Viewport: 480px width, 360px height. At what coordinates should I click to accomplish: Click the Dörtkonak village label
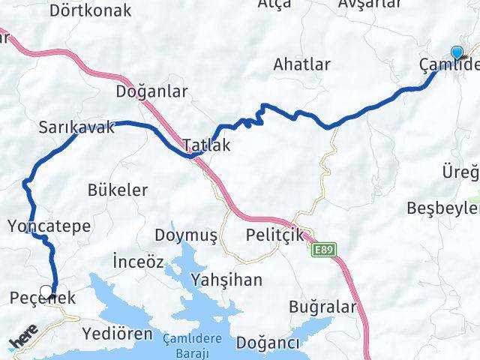coord(90,10)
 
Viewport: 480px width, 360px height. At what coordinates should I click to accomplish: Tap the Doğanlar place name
coord(151,91)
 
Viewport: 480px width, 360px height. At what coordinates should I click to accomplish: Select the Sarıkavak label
coord(77,127)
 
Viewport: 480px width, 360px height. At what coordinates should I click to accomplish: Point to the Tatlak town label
coord(206,145)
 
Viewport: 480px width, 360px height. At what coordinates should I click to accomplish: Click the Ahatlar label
coord(301,64)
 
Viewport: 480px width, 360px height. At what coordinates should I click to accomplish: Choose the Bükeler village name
coord(118,190)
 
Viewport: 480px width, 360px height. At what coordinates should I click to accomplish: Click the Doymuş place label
coord(186,235)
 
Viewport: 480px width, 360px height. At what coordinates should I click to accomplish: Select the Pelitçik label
coord(274,235)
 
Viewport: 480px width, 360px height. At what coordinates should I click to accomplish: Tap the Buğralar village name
coord(321,307)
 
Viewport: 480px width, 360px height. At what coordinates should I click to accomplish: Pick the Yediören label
coord(117,333)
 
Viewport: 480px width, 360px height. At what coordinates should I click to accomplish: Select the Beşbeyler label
coord(442,208)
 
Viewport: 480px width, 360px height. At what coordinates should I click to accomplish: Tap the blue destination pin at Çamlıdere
coord(457,52)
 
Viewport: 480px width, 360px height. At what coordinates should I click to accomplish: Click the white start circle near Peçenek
coord(47,291)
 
